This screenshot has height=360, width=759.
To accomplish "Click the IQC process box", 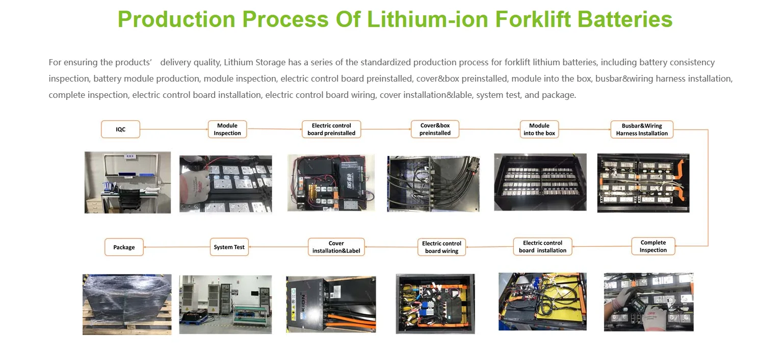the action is (x=120, y=130).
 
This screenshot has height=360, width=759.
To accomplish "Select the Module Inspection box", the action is (x=227, y=130).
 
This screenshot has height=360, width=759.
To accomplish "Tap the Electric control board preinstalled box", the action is (x=331, y=130).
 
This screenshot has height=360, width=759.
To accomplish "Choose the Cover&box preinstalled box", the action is (x=435, y=130).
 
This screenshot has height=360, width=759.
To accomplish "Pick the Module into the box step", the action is (x=539, y=130).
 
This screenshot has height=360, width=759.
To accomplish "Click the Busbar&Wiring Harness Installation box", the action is (x=642, y=130).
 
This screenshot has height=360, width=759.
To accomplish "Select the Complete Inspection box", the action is (x=653, y=246).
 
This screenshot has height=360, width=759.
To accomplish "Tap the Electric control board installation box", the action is (x=542, y=247).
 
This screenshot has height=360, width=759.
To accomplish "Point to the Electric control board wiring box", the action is (x=441, y=247).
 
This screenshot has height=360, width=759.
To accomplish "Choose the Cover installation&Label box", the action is (x=336, y=247).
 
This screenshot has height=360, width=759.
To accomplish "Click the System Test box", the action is (x=229, y=247).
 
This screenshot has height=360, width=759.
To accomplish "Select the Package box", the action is (x=124, y=247).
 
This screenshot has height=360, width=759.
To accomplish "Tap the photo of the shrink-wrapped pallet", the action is (x=127, y=304).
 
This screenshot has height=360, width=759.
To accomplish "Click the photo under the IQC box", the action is (x=127, y=182).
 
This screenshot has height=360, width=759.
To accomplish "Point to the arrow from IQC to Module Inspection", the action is (x=174, y=130).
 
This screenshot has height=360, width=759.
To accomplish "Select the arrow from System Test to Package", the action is (x=177, y=247).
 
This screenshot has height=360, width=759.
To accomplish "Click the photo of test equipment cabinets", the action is (x=225, y=304).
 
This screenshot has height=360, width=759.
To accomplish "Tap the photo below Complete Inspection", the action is (x=648, y=302).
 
